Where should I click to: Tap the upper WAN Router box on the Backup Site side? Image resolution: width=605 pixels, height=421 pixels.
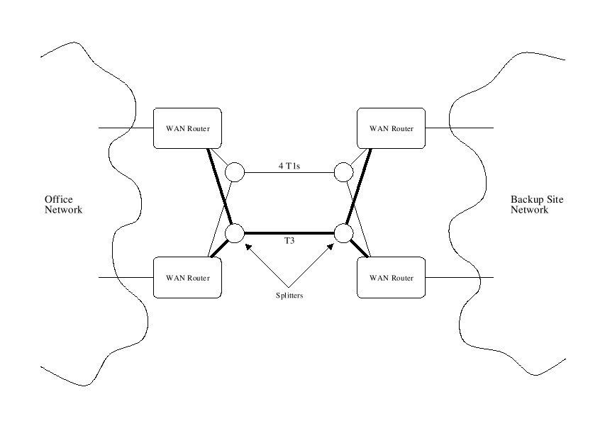392,128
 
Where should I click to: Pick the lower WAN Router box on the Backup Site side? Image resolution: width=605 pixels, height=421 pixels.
392,277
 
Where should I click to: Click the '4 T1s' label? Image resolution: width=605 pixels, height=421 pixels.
289,166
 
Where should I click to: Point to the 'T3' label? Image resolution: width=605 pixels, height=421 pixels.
289,242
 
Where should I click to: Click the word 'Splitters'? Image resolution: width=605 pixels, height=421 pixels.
289,295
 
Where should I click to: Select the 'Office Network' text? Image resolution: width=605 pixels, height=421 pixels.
63,205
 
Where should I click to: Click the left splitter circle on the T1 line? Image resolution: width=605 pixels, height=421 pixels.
234,172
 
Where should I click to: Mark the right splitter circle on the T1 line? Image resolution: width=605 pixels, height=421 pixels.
344,172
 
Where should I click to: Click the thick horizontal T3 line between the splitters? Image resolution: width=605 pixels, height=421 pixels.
289,232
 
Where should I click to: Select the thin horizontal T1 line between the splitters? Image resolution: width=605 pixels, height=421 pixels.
289,172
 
